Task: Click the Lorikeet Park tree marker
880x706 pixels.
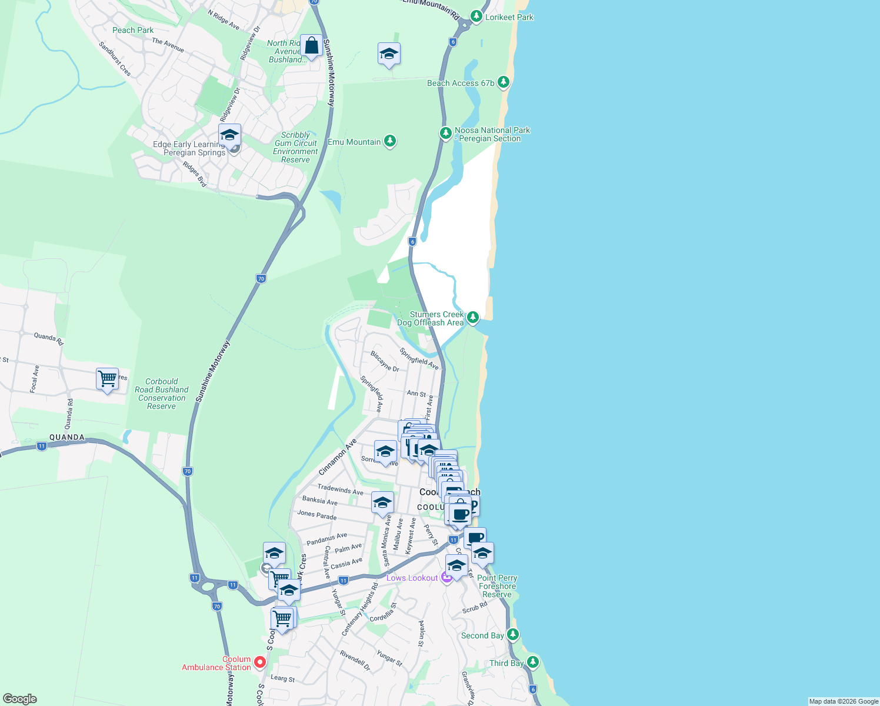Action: [x=476, y=16]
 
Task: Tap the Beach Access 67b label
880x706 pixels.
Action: [x=461, y=84]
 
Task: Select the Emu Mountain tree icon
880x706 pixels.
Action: [x=389, y=141]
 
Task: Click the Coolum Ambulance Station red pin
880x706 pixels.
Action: [x=259, y=662]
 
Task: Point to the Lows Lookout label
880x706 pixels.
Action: [x=412, y=578]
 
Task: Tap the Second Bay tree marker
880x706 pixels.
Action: [x=513, y=634]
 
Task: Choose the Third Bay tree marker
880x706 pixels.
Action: [x=533, y=662]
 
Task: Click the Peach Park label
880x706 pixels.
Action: [x=132, y=30]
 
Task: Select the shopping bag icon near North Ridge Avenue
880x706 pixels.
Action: [x=311, y=45]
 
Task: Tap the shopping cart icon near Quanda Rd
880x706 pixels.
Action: [x=107, y=379]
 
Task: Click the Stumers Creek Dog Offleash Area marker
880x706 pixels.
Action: [x=472, y=317]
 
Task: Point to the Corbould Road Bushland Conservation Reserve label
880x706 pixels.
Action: [x=161, y=394]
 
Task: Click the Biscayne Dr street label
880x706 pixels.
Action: [x=385, y=361]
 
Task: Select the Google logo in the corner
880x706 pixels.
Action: [x=19, y=699]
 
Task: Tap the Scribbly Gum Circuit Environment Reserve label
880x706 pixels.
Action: [x=295, y=147]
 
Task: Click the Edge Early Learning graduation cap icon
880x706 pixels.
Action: [x=229, y=135]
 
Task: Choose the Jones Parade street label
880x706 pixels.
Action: [x=316, y=515]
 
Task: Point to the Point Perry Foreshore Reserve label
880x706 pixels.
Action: [x=497, y=586]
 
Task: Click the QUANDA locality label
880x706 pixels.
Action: [x=67, y=437]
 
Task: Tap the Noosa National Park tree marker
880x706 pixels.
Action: [x=446, y=133]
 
